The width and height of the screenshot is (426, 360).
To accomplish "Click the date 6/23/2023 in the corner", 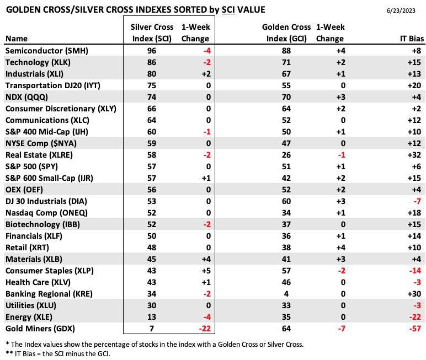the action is click(x=401, y=10).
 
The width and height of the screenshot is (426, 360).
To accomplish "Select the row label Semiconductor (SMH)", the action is click(x=47, y=51).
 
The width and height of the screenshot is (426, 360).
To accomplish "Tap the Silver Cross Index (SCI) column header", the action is click(x=152, y=33).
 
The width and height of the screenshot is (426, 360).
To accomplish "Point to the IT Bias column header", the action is click(x=412, y=39).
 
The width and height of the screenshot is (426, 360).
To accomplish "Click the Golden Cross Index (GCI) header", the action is click(x=286, y=33).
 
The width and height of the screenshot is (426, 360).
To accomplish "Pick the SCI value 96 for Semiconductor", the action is click(x=152, y=51).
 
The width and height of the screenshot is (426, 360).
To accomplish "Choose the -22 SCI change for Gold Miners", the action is click(x=205, y=329).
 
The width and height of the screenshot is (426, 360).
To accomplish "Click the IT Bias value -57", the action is click(x=415, y=329).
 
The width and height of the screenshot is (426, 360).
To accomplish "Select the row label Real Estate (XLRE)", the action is click(x=39, y=155).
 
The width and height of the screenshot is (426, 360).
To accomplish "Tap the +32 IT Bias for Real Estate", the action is click(x=414, y=155).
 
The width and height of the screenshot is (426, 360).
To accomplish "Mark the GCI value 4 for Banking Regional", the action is click(x=286, y=294).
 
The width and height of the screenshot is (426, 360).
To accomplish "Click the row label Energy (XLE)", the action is click(x=29, y=317).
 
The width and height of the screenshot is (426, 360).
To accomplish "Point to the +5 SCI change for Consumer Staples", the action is click(x=206, y=271).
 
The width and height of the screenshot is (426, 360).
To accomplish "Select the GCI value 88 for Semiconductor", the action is click(x=286, y=51).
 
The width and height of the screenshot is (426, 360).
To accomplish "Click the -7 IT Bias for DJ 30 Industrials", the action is click(x=417, y=201).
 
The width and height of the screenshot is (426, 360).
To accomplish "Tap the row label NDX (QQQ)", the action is click(x=26, y=97).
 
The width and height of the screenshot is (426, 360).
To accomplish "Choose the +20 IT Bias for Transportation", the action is click(x=414, y=85).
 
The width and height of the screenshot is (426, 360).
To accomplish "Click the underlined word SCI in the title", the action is click(x=228, y=10).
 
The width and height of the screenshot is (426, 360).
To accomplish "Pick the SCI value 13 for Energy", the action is click(x=152, y=317).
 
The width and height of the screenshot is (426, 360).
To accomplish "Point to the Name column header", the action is click(x=17, y=39).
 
